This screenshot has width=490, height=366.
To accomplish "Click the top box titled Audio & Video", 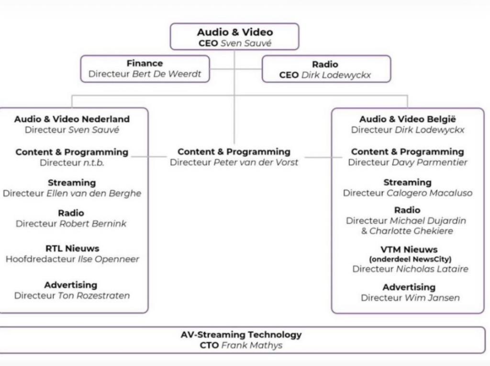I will pyautogui.click(x=234, y=37).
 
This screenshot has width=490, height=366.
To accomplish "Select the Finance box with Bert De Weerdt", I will pyautogui.click(x=145, y=69).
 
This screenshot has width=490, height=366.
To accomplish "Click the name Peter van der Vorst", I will pyautogui.click(x=256, y=162).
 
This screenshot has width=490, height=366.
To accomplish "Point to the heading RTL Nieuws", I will pyautogui.click(x=72, y=248).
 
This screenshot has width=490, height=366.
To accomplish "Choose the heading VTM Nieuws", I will pyautogui.click(x=410, y=249).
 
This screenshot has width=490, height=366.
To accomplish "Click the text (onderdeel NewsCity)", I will pyautogui.click(x=410, y=259).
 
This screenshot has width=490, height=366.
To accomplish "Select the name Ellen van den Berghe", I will pyautogui.click(x=94, y=194).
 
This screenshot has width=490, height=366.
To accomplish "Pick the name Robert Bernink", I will pyautogui.click(x=93, y=224).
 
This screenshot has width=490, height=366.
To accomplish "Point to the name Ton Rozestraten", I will pyautogui.click(x=94, y=296).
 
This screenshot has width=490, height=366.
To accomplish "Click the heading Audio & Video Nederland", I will pyautogui.click(x=72, y=119).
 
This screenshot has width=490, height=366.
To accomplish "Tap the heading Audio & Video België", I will pyautogui.click(x=407, y=119).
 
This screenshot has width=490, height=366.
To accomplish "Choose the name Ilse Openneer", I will pyautogui.click(x=108, y=259).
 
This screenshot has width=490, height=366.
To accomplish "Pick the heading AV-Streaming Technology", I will pyautogui.click(x=241, y=334).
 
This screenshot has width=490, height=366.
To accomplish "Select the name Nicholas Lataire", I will pyautogui.click(x=432, y=269).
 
